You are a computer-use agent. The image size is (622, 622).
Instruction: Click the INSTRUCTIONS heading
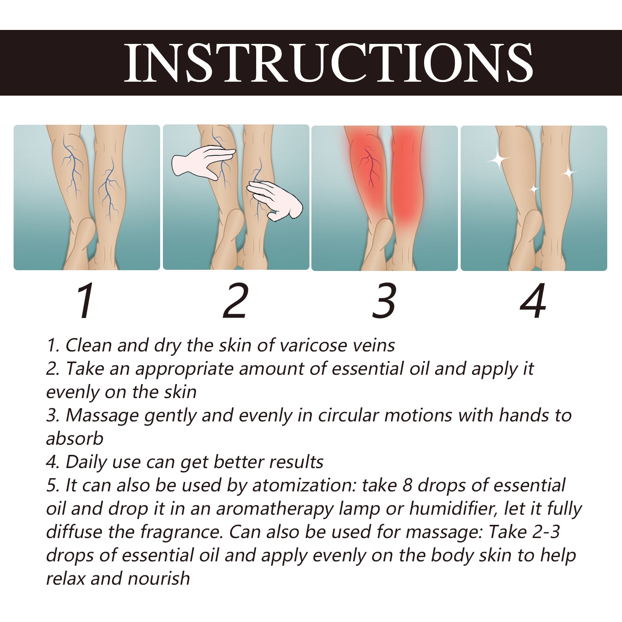(328, 63)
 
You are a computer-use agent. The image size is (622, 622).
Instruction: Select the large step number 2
(235, 301)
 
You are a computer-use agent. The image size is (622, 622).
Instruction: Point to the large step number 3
(384, 301)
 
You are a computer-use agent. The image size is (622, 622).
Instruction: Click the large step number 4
(533, 301)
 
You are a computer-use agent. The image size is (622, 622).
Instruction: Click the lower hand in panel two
(276, 200)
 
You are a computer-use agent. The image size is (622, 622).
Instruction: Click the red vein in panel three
(369, 167)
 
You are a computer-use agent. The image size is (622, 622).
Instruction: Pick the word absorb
(75, 439)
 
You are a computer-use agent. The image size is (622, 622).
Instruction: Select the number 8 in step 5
(407, 485)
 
